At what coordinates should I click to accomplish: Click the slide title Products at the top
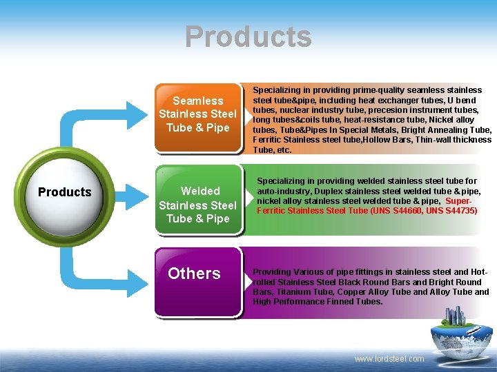click(248, 37)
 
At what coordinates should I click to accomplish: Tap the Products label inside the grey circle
click(64, 192)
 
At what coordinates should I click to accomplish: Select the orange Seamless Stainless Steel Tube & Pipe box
click(197, 114)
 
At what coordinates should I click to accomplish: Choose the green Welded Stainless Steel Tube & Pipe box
click(197, 205)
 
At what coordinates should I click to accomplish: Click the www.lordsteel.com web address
click(389, 359)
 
